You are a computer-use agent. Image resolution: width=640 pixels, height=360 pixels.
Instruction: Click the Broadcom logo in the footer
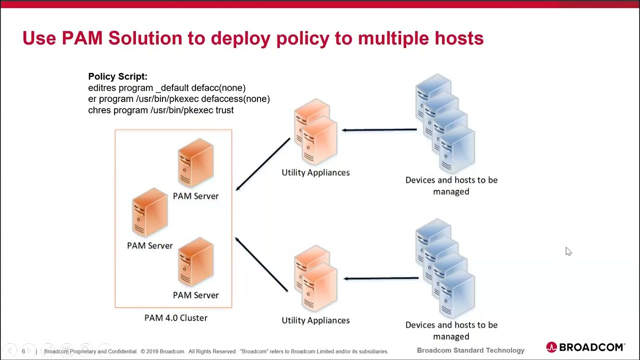(x=585, y=347)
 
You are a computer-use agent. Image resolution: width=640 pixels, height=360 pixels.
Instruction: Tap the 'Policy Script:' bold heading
(x=117, y=76)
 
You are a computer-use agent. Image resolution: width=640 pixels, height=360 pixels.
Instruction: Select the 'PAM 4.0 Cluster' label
(x=175, y=317)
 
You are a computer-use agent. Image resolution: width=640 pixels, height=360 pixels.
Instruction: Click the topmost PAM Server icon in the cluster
(x=195, y=162)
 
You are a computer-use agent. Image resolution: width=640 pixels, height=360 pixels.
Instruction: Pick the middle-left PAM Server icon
(x=149, y=212)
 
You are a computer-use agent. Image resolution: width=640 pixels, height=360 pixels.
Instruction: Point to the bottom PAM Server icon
(x=195, y=261)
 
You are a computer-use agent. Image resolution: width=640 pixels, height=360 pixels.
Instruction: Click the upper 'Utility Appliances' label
(x=315, y=172)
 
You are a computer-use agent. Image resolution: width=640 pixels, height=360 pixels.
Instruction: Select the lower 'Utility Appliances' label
(x=315, y=320)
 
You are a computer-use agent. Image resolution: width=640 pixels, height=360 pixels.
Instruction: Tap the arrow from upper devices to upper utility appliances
(x=379, y=130)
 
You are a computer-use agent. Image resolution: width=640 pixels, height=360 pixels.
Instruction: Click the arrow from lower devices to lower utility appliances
(x=381, y=278)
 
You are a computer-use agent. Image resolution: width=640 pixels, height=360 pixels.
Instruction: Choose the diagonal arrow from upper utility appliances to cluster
(x=263, y=164)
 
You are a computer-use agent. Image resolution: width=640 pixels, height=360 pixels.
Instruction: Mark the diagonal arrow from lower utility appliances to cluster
(x=261, y=264)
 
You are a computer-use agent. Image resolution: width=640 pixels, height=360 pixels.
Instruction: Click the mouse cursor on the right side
(x=568, y=251)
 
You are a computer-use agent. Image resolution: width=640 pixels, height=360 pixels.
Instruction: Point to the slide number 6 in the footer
(x=23, y=351)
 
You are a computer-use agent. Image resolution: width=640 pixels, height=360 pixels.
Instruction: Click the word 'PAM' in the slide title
(x=82, y=38)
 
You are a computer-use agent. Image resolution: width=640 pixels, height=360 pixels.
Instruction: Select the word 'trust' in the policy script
(x=224, y=110)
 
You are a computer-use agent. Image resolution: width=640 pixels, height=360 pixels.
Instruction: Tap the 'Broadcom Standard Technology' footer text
(x=470, y=350)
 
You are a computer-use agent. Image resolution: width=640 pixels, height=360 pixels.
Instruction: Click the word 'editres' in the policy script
(x=102, y=87)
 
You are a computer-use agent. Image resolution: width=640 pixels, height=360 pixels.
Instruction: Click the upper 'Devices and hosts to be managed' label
(x=451, y=185)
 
